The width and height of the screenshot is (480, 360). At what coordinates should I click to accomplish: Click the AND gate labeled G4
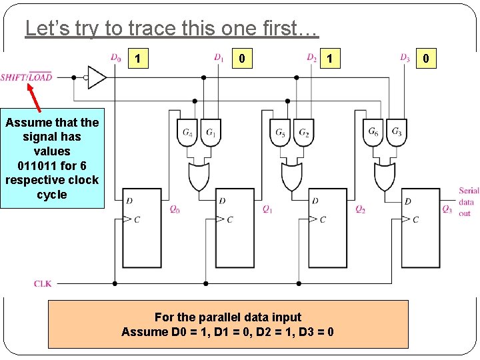[188, 132]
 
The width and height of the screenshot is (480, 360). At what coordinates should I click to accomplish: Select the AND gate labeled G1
[211, 132]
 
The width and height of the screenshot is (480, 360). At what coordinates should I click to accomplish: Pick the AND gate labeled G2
[303, 132]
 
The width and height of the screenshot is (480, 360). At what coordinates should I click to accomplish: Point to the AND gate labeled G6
[374, 132]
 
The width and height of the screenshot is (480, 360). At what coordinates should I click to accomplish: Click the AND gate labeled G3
[397, 132]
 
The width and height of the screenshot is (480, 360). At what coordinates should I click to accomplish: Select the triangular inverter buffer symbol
[96, 77]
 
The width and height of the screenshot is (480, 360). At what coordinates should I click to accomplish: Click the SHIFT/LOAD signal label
[26, 77]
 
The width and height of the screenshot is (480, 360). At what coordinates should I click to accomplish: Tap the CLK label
[43, 283]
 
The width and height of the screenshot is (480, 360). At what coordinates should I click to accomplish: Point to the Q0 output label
[175, 209]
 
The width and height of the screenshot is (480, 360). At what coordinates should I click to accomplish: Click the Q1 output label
[267, 209]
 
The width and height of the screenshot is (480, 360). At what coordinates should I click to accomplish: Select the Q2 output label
[360, 209]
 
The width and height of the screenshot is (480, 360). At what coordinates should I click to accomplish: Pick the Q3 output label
[447, 209]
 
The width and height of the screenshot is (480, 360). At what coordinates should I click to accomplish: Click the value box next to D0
[137, 59]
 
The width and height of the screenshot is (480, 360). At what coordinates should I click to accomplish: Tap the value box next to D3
[426, 59]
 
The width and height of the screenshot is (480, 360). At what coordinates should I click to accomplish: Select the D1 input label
[219, 57]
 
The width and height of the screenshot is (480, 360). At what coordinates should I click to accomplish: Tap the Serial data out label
[468, 203]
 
